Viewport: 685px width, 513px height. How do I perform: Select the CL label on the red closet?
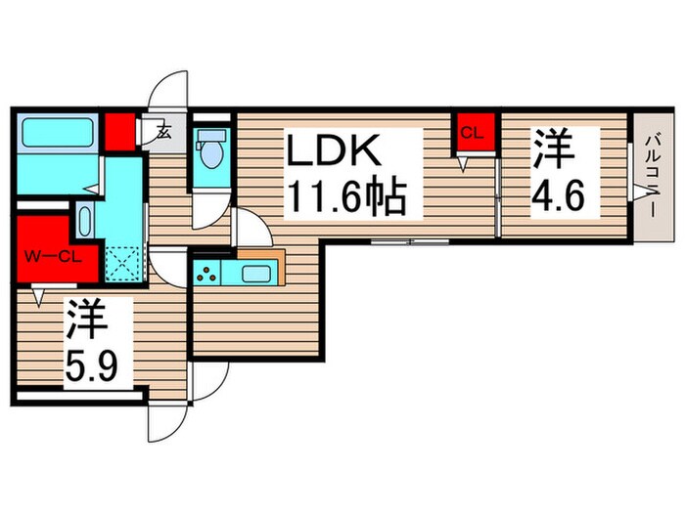472,135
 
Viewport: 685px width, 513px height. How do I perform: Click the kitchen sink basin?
255,273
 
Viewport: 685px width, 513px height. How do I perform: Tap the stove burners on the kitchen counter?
208,273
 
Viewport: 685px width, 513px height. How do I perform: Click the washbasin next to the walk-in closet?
83,222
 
